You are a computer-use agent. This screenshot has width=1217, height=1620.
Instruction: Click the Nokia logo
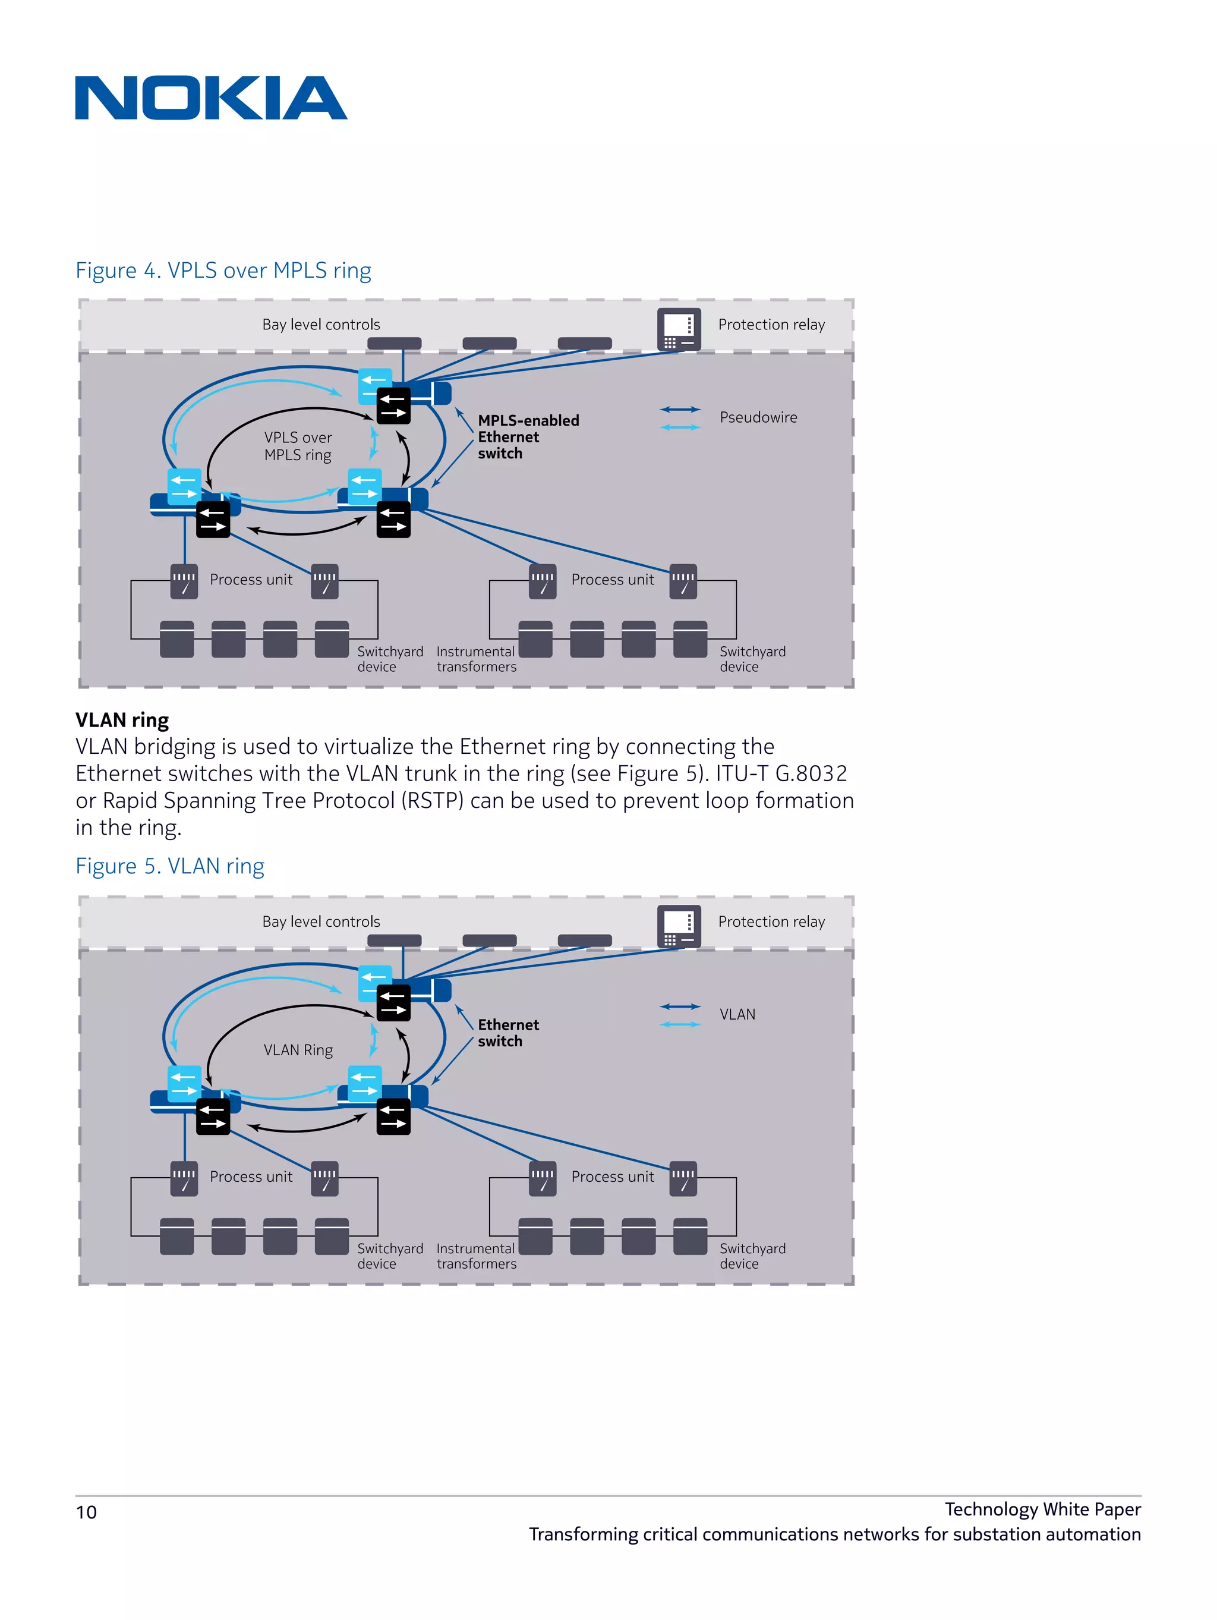coord(211,97)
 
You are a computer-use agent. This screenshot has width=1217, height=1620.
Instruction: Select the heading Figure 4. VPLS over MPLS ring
coord(223,270)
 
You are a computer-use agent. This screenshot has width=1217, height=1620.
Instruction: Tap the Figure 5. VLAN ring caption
coord(170,866)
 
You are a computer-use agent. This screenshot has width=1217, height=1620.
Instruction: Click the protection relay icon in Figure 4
coord(678,329)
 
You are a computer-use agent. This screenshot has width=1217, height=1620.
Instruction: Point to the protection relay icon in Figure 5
coord(678,926)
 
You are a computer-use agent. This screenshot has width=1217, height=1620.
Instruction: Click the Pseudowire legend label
coord(758,417)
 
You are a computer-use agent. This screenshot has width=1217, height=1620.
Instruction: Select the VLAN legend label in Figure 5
coord(737,1014)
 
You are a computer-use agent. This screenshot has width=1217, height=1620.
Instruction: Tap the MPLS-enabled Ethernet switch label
coord(527,436)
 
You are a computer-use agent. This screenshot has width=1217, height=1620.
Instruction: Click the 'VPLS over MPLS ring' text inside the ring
coord(298,446)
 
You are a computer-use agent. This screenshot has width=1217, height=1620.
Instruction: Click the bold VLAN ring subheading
coord(122,720)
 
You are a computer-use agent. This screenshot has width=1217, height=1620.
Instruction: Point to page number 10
coord(86,1512)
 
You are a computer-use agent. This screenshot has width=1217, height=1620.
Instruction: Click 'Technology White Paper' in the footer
coord(1042,1509)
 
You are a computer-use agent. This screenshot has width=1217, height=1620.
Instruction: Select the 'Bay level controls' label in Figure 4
coord(321,325)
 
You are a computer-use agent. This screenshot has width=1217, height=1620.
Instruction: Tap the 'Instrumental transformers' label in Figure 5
coord(476,1256)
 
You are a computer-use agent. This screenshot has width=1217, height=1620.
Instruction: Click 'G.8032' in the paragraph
coord(811,773)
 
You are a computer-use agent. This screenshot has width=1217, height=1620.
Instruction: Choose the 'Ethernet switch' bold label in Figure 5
coord(508,1033)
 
